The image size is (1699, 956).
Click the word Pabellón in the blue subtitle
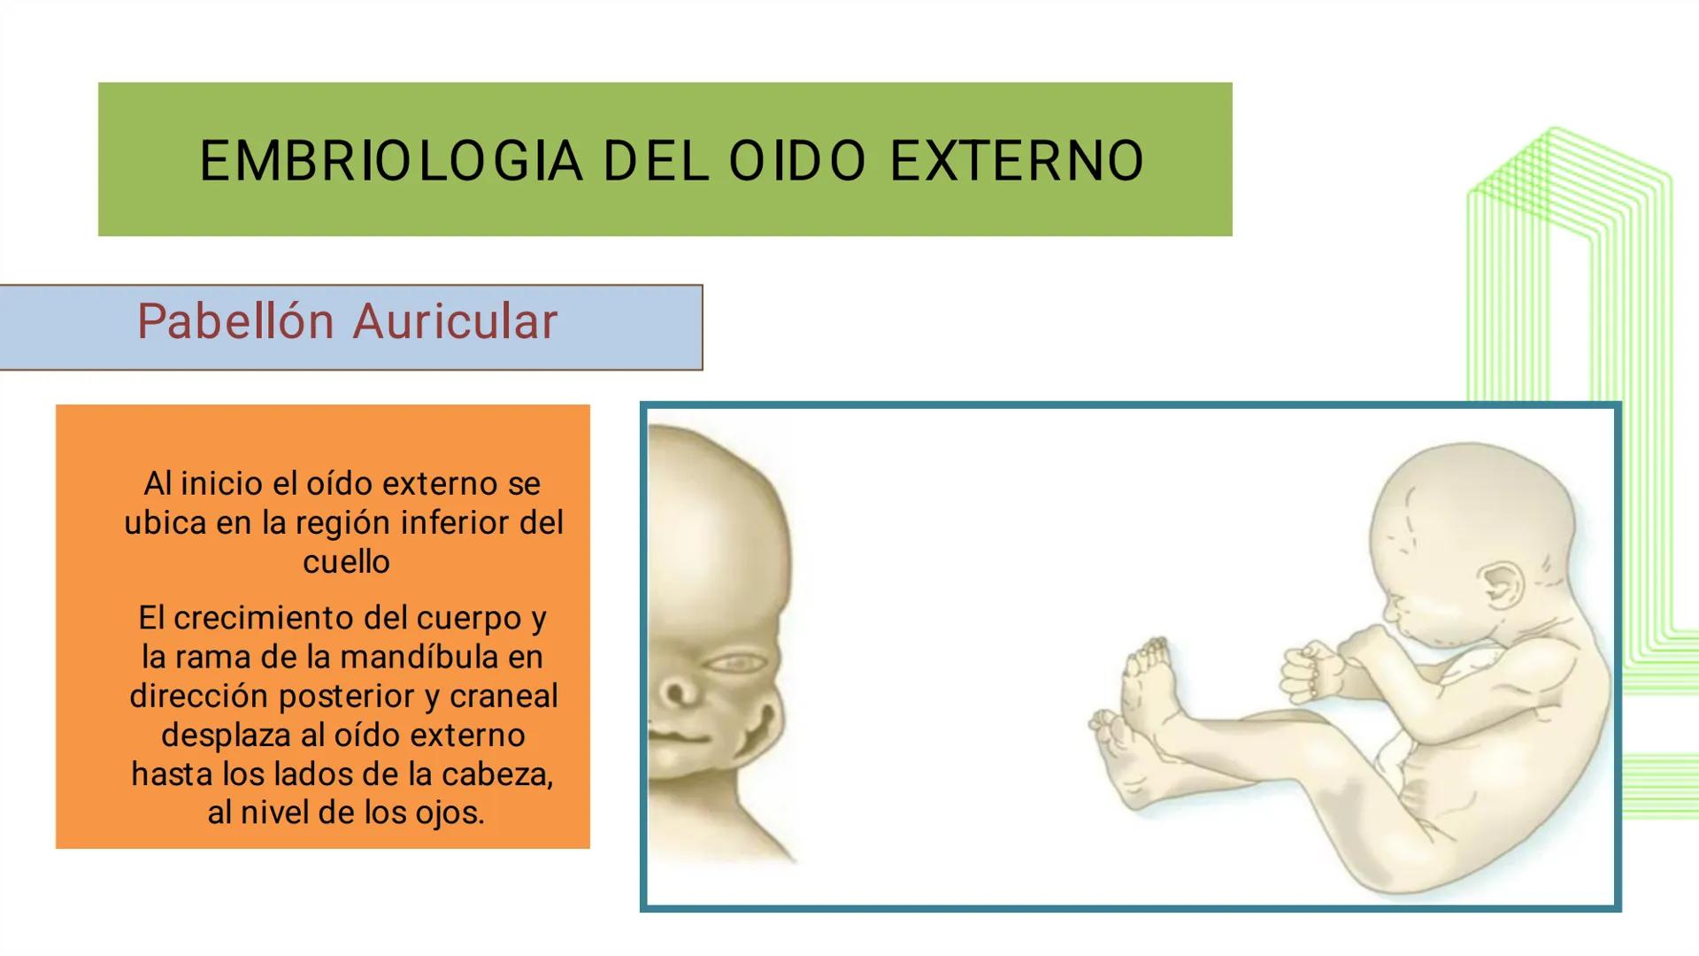(x=235, y=320)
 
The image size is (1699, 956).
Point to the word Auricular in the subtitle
(x=456, y=320)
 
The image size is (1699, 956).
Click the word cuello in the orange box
(x=346, y=561)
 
